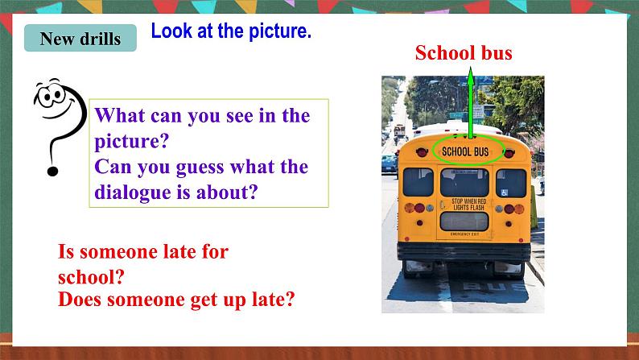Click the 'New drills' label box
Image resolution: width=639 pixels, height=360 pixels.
(x=80, y=39)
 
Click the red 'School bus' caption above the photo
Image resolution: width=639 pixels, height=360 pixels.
(x=464, y=53)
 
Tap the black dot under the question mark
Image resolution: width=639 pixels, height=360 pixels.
(x=54, y=170)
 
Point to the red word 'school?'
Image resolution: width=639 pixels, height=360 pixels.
(x=91, y=277)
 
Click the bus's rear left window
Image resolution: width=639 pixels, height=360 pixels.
(x=418, y=181)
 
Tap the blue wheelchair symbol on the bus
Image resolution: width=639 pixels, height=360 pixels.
(x=503, y=193)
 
